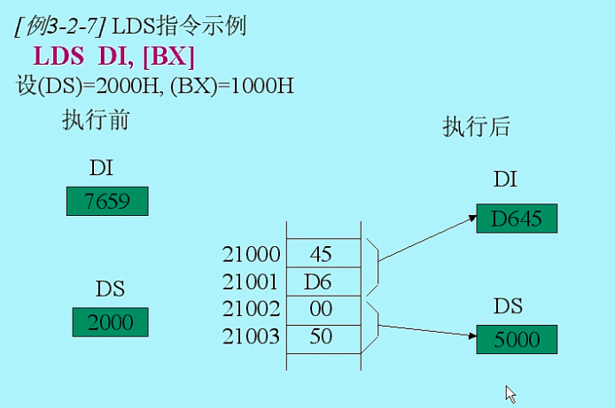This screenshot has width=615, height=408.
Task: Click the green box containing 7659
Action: click(107, 201)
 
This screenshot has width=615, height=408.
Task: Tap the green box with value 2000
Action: click(110, 321)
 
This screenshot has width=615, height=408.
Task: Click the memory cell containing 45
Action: click(321, 254)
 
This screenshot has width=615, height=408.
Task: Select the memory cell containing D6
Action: click(321, 282)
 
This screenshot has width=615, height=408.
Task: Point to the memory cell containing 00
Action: click(321, 310)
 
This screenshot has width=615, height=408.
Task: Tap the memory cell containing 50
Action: click(321, 337)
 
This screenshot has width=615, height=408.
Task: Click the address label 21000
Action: click(251, 255)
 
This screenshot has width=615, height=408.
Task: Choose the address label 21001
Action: click(251, 282)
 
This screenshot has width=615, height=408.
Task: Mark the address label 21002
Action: click(251, 310)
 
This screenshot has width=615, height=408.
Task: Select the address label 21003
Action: click(251, 337)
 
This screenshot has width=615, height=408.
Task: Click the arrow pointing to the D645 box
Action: click(425, 235)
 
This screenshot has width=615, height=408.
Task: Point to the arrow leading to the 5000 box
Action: click(425, 329)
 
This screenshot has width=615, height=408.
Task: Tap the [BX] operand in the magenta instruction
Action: click(167, 57)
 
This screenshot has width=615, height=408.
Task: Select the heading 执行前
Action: click(96, 120)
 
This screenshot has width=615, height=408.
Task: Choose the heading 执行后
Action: click(477, 127)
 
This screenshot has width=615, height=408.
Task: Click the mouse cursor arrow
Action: click(510, 393)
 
